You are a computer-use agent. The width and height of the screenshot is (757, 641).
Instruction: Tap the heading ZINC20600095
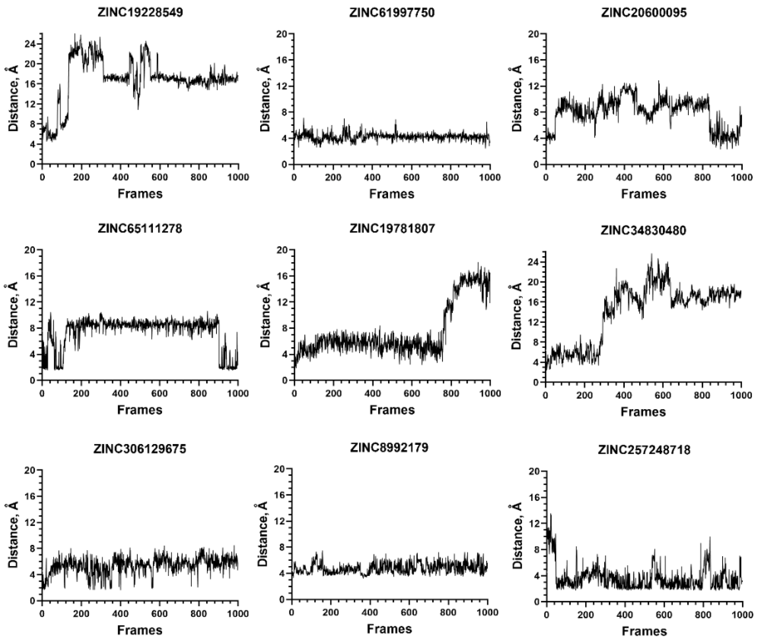pyautogui.click(x=644, y=13)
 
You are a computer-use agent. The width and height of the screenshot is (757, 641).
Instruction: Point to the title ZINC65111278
pyautogui.click(x=140, y=229)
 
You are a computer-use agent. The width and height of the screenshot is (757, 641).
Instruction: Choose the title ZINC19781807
pyautogui.click(x=392, y=229)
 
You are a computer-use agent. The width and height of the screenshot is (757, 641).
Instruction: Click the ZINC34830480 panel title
pyautogui.click(x=643, y=230)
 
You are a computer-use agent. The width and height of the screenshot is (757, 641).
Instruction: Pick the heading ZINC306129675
pyautogui.click(x=140, y=449)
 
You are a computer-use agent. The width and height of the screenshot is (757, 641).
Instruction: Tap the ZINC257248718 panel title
pyautogui.click(x=644, y=450)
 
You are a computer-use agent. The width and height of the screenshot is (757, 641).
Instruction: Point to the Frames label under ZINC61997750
pyautogui.click(x=391, y=194)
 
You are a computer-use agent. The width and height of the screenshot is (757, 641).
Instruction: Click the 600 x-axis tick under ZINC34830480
pyautogui.click(x=663, y=395)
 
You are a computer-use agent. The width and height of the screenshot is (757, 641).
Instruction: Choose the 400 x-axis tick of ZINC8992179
pyautogui.click(x=370, y=612)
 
